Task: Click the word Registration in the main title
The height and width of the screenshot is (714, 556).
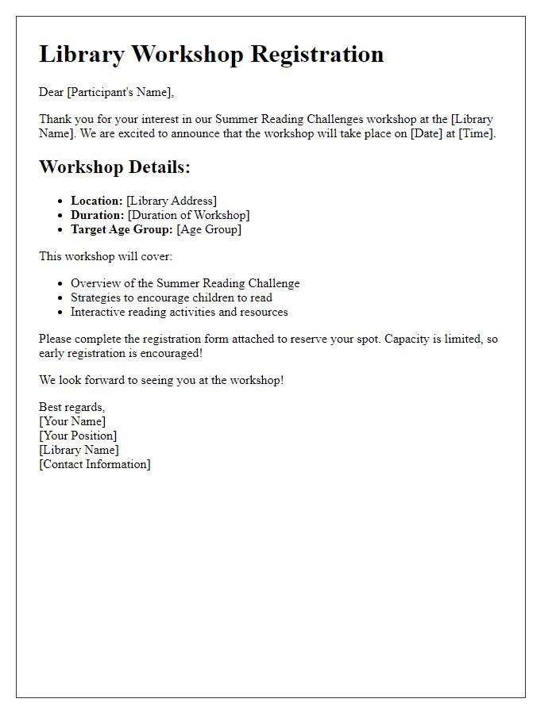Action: click(317, 54)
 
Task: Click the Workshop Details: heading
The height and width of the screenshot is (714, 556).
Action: click(114, 167)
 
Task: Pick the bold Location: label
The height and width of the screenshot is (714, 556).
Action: click(96, 201)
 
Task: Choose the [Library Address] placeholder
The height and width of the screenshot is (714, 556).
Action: click(171, 201)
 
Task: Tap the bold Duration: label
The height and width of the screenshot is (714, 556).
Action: click(97, 215)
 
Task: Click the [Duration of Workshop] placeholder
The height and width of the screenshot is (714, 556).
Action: click(188, 215)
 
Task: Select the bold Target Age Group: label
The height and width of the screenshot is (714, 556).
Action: click(122, 229)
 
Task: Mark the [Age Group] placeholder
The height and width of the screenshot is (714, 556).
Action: click(209, 229)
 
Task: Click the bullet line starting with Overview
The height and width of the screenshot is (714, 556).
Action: click(185, 283)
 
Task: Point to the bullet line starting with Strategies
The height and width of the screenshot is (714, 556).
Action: click(172, 297)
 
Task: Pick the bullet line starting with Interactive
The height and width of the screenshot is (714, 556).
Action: click(180, 312)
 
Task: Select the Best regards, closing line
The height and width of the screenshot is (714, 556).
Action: click(72, 407)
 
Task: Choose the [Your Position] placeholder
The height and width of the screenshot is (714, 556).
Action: click(78, 436)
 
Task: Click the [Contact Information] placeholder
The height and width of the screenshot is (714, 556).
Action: click(95, 464)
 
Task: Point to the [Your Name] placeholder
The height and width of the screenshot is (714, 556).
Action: click(72, 421)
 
